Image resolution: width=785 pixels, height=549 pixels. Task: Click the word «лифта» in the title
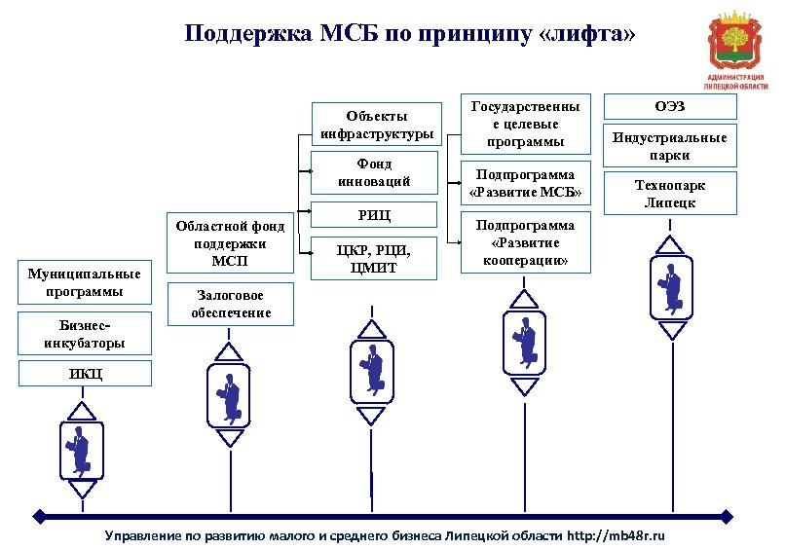point(588,35)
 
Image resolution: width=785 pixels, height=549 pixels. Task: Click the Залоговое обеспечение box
point(229,304)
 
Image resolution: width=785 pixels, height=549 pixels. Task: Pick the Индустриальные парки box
point(669,145)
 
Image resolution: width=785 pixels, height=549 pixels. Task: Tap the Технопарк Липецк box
point(669,193)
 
